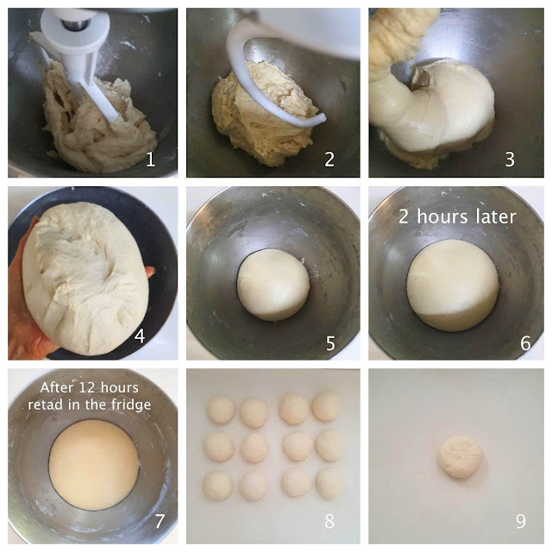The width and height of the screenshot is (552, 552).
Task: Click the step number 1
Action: [151, 160]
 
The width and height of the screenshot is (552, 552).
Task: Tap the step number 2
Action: [329, 160]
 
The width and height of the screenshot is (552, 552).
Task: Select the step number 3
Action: [510, 160]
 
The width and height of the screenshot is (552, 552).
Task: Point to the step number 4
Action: [140, 336]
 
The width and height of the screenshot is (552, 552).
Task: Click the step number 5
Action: [330, 343]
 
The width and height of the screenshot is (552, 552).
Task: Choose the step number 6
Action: [525, 343]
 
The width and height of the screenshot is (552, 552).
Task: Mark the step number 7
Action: [160, 521]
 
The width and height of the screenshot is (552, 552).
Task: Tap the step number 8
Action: [329, 521]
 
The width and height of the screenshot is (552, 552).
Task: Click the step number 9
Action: [521, 521]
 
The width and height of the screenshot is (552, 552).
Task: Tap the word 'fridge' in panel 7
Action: [131, 405]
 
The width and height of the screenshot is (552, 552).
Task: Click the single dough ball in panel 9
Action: [460, 457]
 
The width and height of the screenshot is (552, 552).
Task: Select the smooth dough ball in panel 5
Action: [273, 285]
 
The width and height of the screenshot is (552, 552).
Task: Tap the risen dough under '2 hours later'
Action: [453, 285]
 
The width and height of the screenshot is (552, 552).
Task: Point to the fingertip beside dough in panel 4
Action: [151, 272]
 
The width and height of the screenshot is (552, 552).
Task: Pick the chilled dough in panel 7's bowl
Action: [94, 465]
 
